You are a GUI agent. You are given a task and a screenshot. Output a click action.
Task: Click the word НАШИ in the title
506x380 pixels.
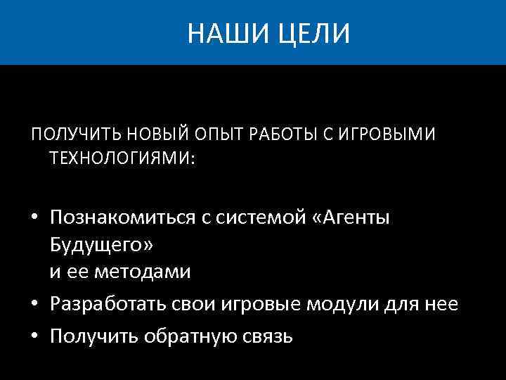219,33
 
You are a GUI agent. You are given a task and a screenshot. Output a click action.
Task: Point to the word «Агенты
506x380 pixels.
352,219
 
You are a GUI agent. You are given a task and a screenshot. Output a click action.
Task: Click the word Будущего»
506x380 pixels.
100,246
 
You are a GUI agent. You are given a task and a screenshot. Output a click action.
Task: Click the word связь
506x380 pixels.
266,336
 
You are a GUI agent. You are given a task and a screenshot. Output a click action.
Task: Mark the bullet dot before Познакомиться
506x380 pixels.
34,219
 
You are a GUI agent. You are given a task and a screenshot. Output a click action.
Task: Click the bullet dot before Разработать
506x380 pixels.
34,305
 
